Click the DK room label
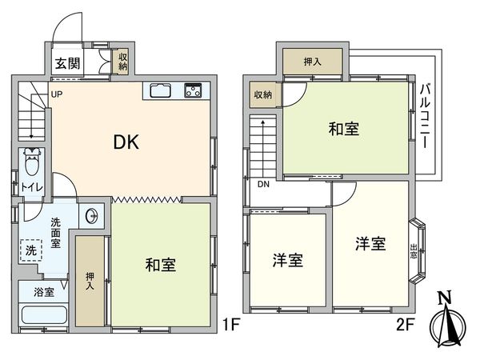pyautogui.click(x=126, y=143)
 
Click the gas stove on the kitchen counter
pyautogui.click(x=194, y=90)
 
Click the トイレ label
pyautogui.click(x=32, y=189)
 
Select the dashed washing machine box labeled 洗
pyautogui.click(x=31, y=250)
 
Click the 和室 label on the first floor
pyautogui.click(x=161, y=264)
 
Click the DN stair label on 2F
pyautogui.click(x=263, y=186)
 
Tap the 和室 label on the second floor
pyautogui.click(x=342, y=129)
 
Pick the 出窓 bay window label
pyautogui.click(x=414, y=252)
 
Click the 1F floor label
pyautogui.click(x=230, y=326)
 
